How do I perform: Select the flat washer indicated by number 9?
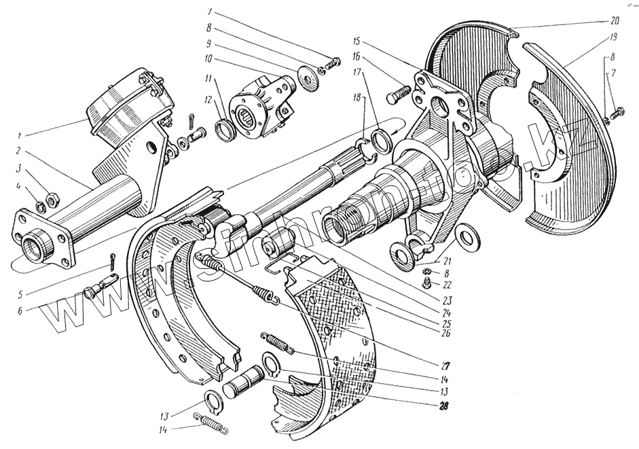314,77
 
